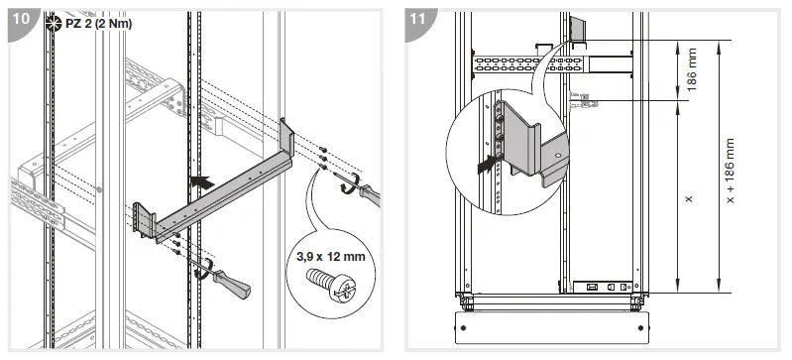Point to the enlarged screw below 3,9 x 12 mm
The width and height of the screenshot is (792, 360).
coord(331,288)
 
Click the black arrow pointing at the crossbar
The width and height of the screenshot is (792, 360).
coord(201,182)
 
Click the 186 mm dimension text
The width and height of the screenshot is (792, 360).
coord(691,71)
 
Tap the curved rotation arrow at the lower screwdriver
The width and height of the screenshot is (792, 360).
coord(204,269)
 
